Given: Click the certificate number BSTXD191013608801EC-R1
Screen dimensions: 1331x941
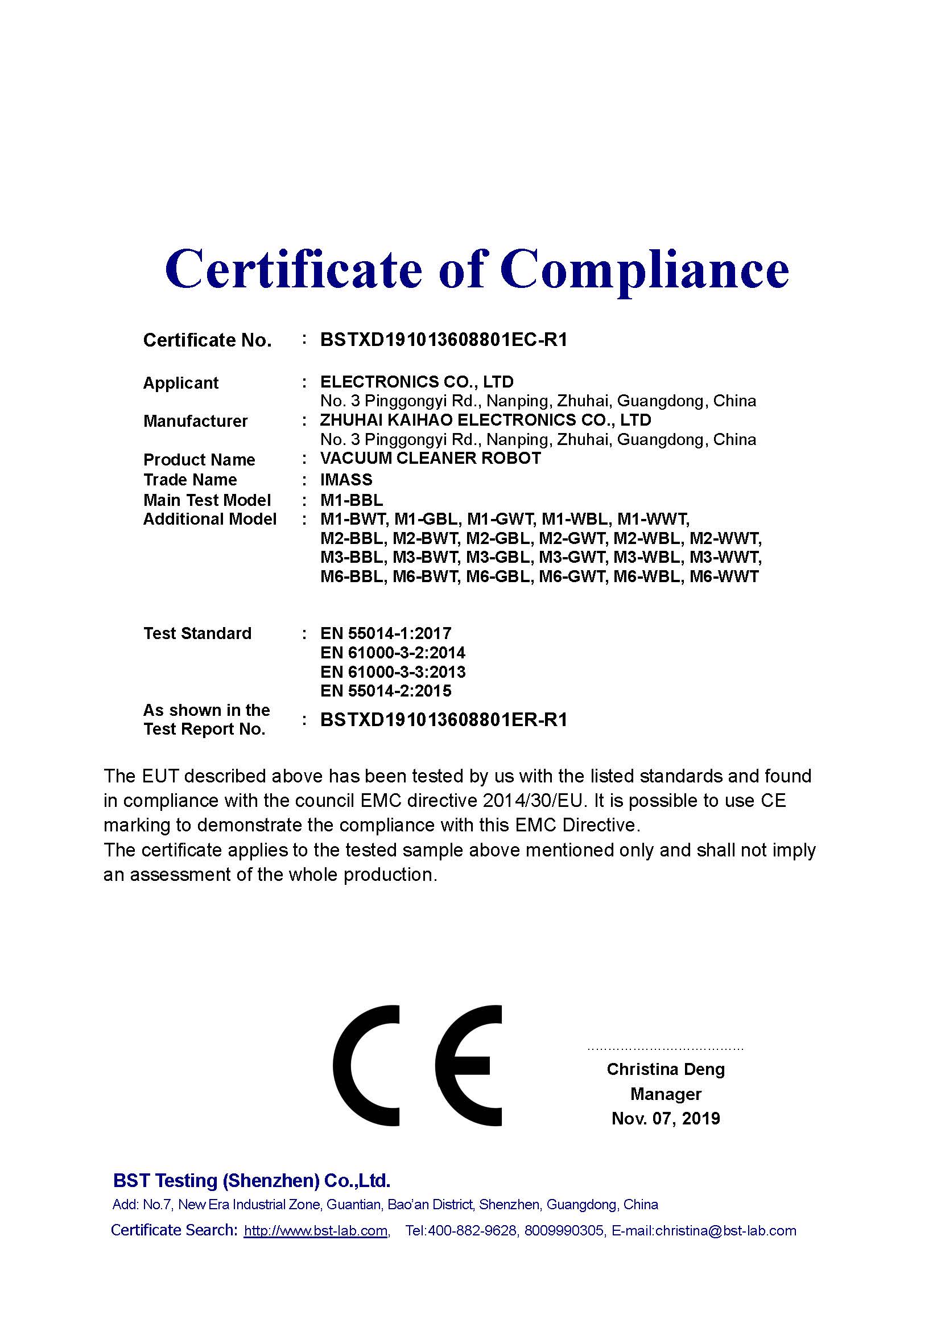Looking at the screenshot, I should [443, 340].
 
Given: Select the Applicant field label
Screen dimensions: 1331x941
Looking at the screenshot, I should [181, 383].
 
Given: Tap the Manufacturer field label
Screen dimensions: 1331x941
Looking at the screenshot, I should [195, 421].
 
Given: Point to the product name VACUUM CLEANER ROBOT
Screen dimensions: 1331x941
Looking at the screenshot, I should [431, 458].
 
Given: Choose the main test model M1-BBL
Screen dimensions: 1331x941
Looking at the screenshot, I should [351, 500].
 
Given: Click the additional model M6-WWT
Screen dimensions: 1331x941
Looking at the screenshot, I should [724, 577].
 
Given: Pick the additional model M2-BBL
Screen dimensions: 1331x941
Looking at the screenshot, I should [353, 538].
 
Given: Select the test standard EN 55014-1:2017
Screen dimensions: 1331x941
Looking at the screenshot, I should [385, 633].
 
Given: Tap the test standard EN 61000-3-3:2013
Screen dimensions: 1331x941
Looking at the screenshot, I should [393, 672].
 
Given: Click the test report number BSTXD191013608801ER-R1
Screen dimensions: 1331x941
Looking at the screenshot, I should [443, 720].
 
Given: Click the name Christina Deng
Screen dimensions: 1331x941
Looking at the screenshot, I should [665, 1069].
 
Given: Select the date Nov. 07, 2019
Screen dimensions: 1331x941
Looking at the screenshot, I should [665, 1118].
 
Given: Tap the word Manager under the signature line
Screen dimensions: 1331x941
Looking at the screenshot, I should [665, 1094].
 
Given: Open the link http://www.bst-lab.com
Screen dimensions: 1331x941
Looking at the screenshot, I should [316, 1231].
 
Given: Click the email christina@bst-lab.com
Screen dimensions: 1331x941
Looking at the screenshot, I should [725, 1231].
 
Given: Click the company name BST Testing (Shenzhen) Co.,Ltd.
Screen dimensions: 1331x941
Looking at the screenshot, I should [251, 1180].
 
